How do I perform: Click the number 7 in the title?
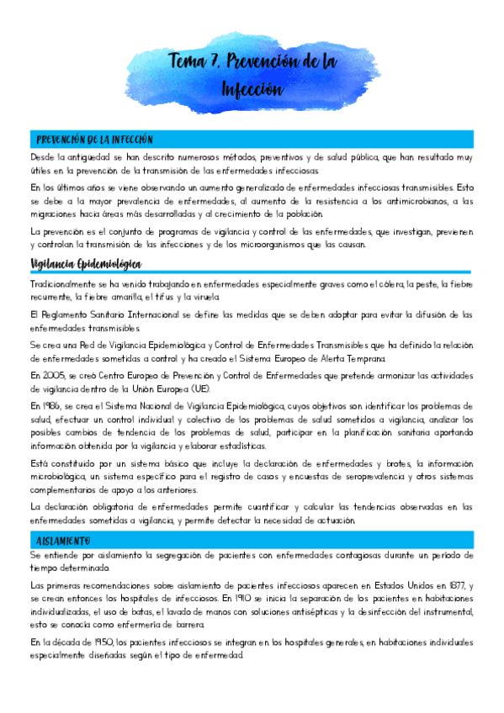216,61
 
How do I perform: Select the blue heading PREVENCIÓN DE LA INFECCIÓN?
93,139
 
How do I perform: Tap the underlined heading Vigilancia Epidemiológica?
85,264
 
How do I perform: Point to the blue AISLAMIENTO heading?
64,540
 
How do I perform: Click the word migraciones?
50,214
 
